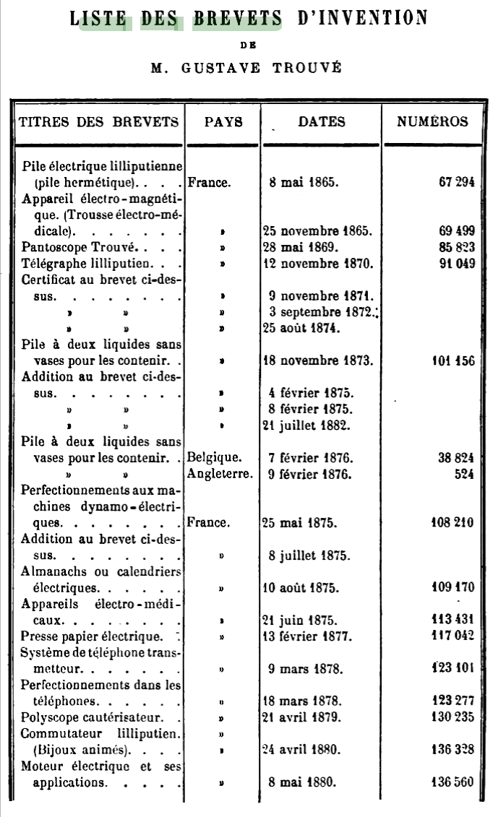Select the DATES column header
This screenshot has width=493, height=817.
[322, 122]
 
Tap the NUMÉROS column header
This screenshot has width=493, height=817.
[432, 122]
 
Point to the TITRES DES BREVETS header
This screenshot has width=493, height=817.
[98, 122]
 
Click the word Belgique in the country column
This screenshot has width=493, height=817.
[213, 458]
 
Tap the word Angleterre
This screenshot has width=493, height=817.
[220, 474]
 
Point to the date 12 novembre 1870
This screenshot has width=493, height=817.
[317, 263]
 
